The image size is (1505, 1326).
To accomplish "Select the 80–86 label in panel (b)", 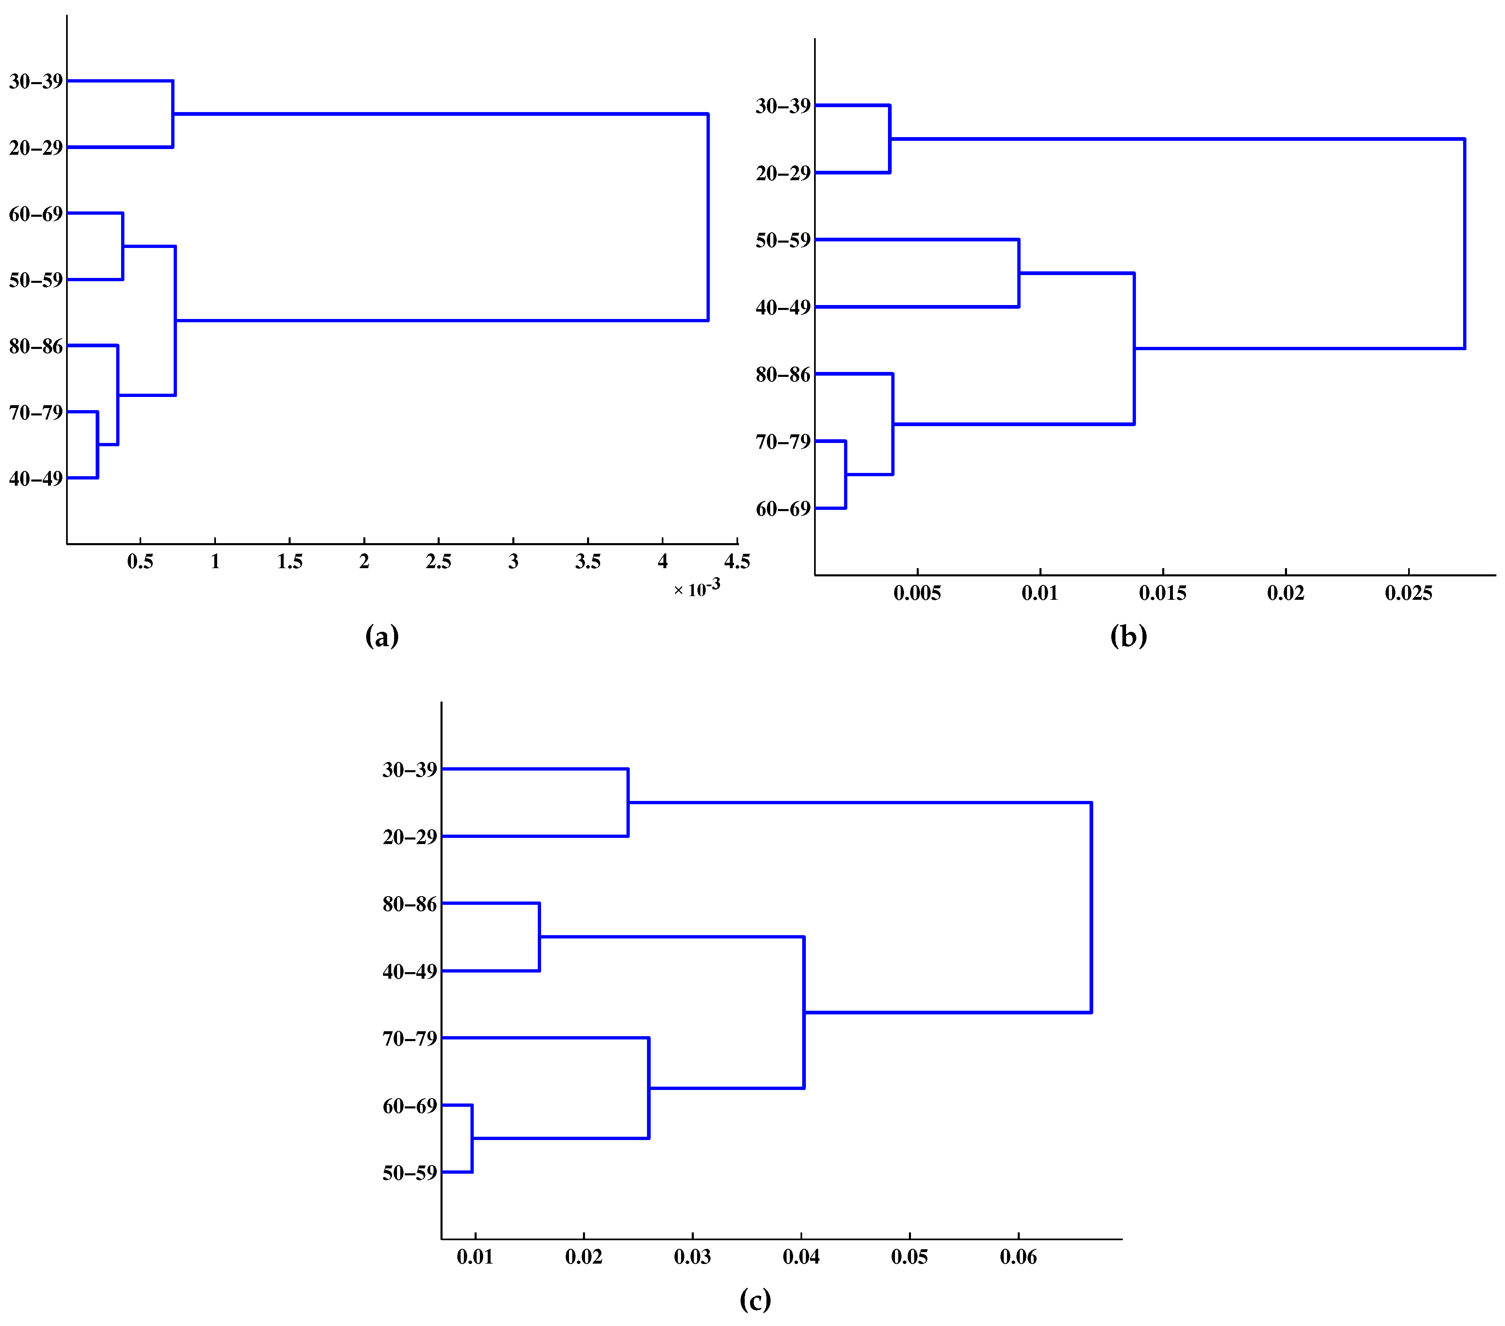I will (x=783, y=375).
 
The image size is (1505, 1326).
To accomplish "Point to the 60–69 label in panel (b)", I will (x=783, y=509).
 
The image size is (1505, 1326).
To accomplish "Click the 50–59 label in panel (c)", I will (x=409, y=1173).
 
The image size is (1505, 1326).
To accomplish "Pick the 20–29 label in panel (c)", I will (x=409, y=837).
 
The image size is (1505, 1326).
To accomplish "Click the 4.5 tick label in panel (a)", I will (x=737, y=562).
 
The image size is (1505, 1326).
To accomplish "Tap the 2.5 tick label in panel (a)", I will (x=439, y=562).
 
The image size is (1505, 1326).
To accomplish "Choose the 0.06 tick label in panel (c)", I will (x=1018, y=1257).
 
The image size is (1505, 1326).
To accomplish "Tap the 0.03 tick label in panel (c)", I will (x=692, y=1257).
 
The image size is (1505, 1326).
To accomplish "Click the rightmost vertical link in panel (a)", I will (x=708, y=217).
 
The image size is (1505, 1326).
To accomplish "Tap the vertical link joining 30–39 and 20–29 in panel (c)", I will (x=628, y=803).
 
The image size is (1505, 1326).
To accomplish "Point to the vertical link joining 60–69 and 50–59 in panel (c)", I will (x=472, y=1138).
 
